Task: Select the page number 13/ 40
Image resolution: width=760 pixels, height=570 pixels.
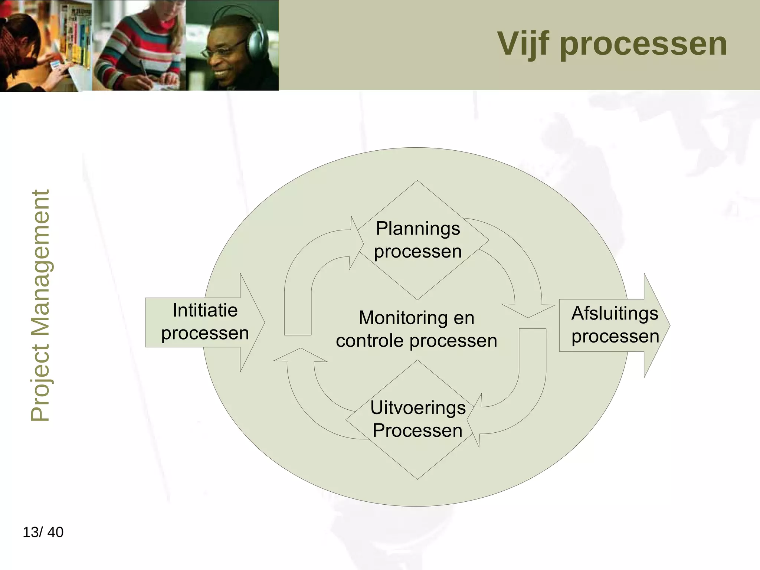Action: [x=43, y=532]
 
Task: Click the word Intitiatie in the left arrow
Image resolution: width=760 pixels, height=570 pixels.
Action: [x=205, y=310]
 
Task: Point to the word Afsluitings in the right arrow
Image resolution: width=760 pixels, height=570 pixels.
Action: [x=615, y=313]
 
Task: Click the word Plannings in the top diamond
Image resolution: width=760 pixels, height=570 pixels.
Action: [x=418, y=229]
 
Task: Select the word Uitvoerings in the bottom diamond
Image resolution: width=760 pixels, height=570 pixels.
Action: [x=418, y=407]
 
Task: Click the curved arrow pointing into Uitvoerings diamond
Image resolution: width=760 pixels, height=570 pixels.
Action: [x=527, y=390]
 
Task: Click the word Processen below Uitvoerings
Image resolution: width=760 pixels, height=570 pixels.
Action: [x=418, y=430]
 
